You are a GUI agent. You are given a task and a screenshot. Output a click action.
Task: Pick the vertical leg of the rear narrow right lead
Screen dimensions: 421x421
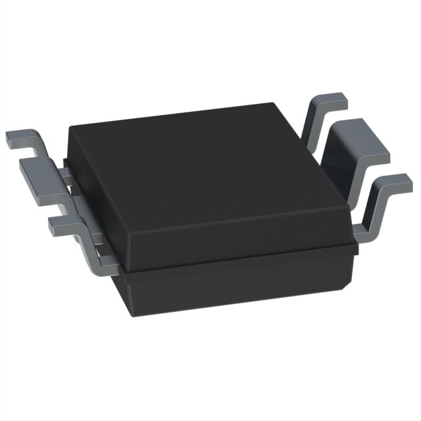pyautogui.click(x=314, y=125)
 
